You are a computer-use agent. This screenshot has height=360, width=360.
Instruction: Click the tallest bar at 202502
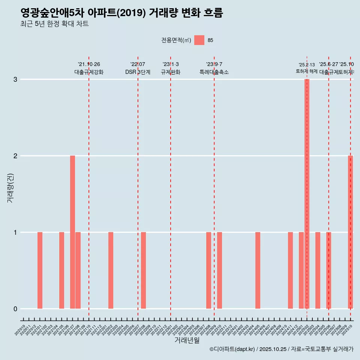[307, 193]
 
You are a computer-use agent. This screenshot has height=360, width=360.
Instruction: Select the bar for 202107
[72, 232]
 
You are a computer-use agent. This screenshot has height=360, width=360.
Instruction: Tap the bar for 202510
[350, 232]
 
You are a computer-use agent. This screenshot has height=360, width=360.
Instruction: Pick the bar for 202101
[40, 270]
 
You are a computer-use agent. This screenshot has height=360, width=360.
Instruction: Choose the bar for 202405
[258, 270]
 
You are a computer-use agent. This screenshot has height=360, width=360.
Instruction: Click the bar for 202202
[111, 270]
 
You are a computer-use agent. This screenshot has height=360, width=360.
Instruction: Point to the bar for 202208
[143, 270]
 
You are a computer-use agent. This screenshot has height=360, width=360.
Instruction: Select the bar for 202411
[290, 270]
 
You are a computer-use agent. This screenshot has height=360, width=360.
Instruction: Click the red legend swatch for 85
[199, 40]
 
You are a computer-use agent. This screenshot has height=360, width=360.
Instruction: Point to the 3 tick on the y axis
[15, 79]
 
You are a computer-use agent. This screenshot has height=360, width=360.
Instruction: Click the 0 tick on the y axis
[15, 309]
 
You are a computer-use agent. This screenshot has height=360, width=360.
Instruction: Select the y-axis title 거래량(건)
[10, 188]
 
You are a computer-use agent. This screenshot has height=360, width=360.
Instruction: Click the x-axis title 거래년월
[187, 340]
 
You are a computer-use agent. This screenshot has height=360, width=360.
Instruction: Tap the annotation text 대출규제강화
[89, 72]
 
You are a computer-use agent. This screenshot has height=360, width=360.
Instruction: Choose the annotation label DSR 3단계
[138, 72]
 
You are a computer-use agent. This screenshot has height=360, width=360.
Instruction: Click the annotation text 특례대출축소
[214, 72]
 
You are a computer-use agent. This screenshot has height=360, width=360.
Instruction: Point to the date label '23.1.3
[171, 64]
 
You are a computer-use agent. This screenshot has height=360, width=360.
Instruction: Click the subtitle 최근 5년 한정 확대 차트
[54, 24]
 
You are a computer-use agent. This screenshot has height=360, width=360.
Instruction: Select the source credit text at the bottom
[281, 349]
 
